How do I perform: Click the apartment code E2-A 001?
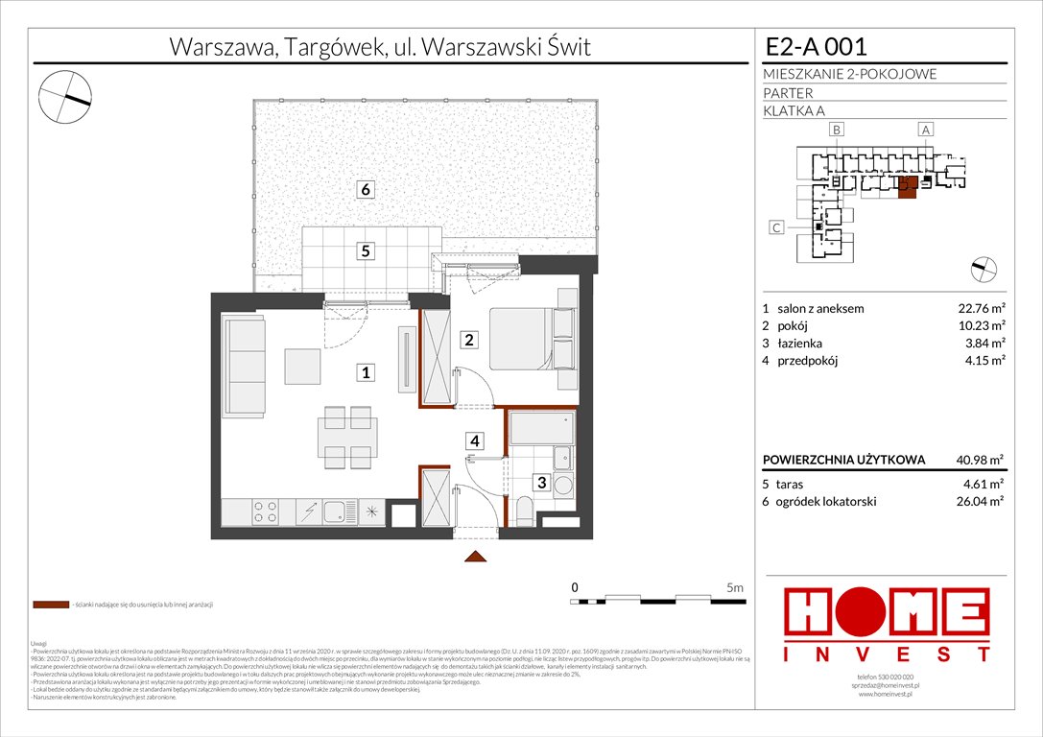coord(816,46)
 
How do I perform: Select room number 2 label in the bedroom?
coord(469,339)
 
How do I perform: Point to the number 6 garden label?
coord(366,189)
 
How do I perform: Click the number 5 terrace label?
coord(366,251)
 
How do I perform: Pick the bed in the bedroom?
coord(533,338)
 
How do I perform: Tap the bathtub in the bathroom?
coord(540,429)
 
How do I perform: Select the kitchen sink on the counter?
coord(337,512)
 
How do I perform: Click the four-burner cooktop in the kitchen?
coord(265,512)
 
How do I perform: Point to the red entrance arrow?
coord(477,557)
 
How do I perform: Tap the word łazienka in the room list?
coord(800,344)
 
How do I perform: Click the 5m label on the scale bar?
coord(735,586)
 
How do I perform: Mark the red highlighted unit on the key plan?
coord(907,189)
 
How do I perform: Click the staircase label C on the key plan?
coord(777,227)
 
